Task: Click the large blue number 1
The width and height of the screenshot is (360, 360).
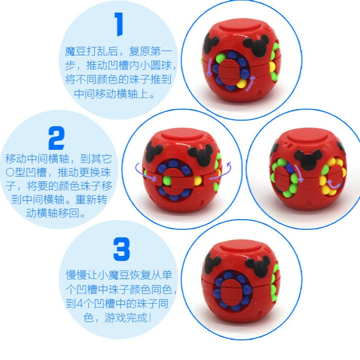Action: coord(119,24)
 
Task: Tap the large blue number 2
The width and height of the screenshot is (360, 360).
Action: coord(57,138)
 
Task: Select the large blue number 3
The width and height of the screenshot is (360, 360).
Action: coord(122,249)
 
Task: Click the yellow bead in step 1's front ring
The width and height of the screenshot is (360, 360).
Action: coord(241,83)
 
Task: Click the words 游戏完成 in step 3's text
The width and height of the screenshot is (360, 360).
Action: coord(126,318)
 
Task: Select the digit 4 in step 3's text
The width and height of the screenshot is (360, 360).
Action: coord(79,304)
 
